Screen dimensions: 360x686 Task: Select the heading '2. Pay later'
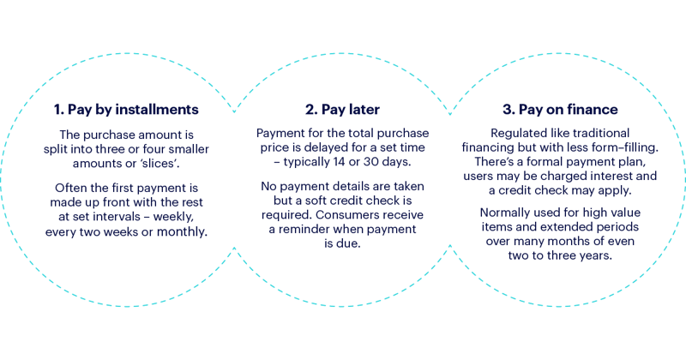[342, 110]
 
